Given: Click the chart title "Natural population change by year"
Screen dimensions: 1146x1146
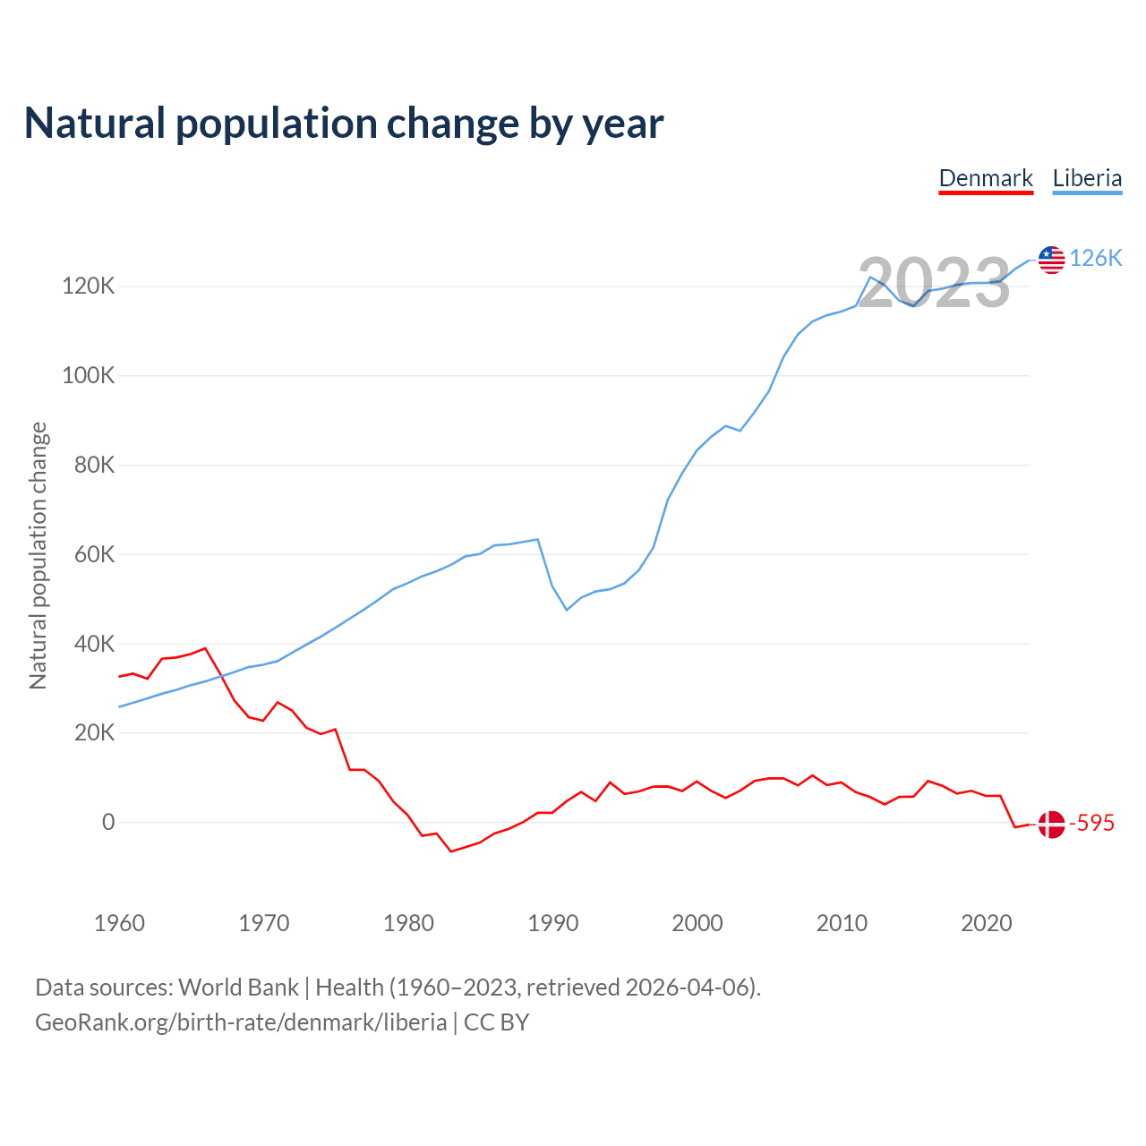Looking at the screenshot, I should tap(344, 124).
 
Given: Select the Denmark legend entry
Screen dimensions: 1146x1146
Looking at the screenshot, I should tap(986, 178).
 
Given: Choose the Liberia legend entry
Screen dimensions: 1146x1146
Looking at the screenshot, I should tap(1087, 178).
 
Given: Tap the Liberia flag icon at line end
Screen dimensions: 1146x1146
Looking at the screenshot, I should tap(1051, 260).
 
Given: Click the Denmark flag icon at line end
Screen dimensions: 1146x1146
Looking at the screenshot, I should tap(1051, 824).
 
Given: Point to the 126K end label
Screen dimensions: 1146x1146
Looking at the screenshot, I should tap(1096, 259).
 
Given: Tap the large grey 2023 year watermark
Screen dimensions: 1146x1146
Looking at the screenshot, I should tap(934, 283).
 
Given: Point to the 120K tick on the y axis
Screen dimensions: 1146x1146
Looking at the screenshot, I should tap(89, 286).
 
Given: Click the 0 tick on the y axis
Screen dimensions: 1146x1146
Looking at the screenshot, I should tap(108, 822).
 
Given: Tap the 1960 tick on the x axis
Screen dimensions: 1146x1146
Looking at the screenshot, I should tap(119, 923).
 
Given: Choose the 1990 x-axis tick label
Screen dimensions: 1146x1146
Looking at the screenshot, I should tap(552, 923).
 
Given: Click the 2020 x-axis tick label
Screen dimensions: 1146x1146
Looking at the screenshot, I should tap(986, 923).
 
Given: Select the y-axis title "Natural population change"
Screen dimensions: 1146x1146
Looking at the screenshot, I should tap(38, 556).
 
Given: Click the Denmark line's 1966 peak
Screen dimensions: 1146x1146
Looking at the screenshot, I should tap(205, 648).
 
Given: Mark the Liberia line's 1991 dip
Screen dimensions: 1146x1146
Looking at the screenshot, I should tap(567, 610).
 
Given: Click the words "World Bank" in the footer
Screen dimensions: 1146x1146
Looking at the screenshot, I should tap(238, 988).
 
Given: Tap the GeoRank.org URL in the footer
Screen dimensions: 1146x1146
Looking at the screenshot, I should tap(241, 1022).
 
